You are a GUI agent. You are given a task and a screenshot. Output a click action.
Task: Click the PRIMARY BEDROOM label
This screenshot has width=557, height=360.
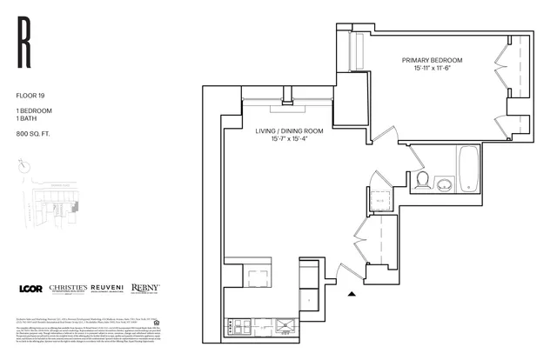coord(431,60)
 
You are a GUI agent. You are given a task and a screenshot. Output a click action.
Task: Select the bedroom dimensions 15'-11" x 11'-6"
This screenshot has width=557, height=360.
coord(431,69)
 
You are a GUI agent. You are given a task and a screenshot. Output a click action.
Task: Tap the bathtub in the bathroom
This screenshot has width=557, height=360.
coord(469,171)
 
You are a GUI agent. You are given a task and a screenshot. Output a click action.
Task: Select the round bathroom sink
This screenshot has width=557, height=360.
coord(445,183)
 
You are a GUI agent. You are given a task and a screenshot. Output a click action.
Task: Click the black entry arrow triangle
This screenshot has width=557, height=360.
coord(351,294)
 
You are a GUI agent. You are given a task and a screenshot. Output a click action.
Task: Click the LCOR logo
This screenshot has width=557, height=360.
coord(32,289)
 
